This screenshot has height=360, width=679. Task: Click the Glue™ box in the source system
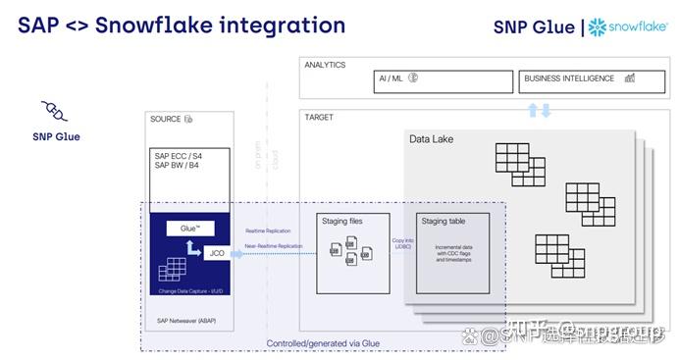click(190, 229)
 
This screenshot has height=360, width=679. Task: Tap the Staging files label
click(342, 222)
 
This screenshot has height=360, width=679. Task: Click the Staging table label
click(442, 222)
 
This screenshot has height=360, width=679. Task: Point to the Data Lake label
click(431, 139)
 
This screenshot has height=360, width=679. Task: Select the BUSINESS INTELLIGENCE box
click(585, 79)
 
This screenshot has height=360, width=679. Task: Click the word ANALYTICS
click(325, 65)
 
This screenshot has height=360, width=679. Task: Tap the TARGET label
click(319, 118)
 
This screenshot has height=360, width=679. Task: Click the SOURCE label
click(166, 119)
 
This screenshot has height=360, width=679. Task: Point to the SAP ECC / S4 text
click(179, 155)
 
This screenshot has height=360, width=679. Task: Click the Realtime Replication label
click(266, 231)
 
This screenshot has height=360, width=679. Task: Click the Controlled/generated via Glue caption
click(323, 343)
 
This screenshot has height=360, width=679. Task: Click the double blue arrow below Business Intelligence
click(540, 109)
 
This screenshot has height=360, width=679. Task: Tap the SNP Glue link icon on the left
click(55, 110)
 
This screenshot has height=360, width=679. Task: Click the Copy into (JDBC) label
click(401, 242)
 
